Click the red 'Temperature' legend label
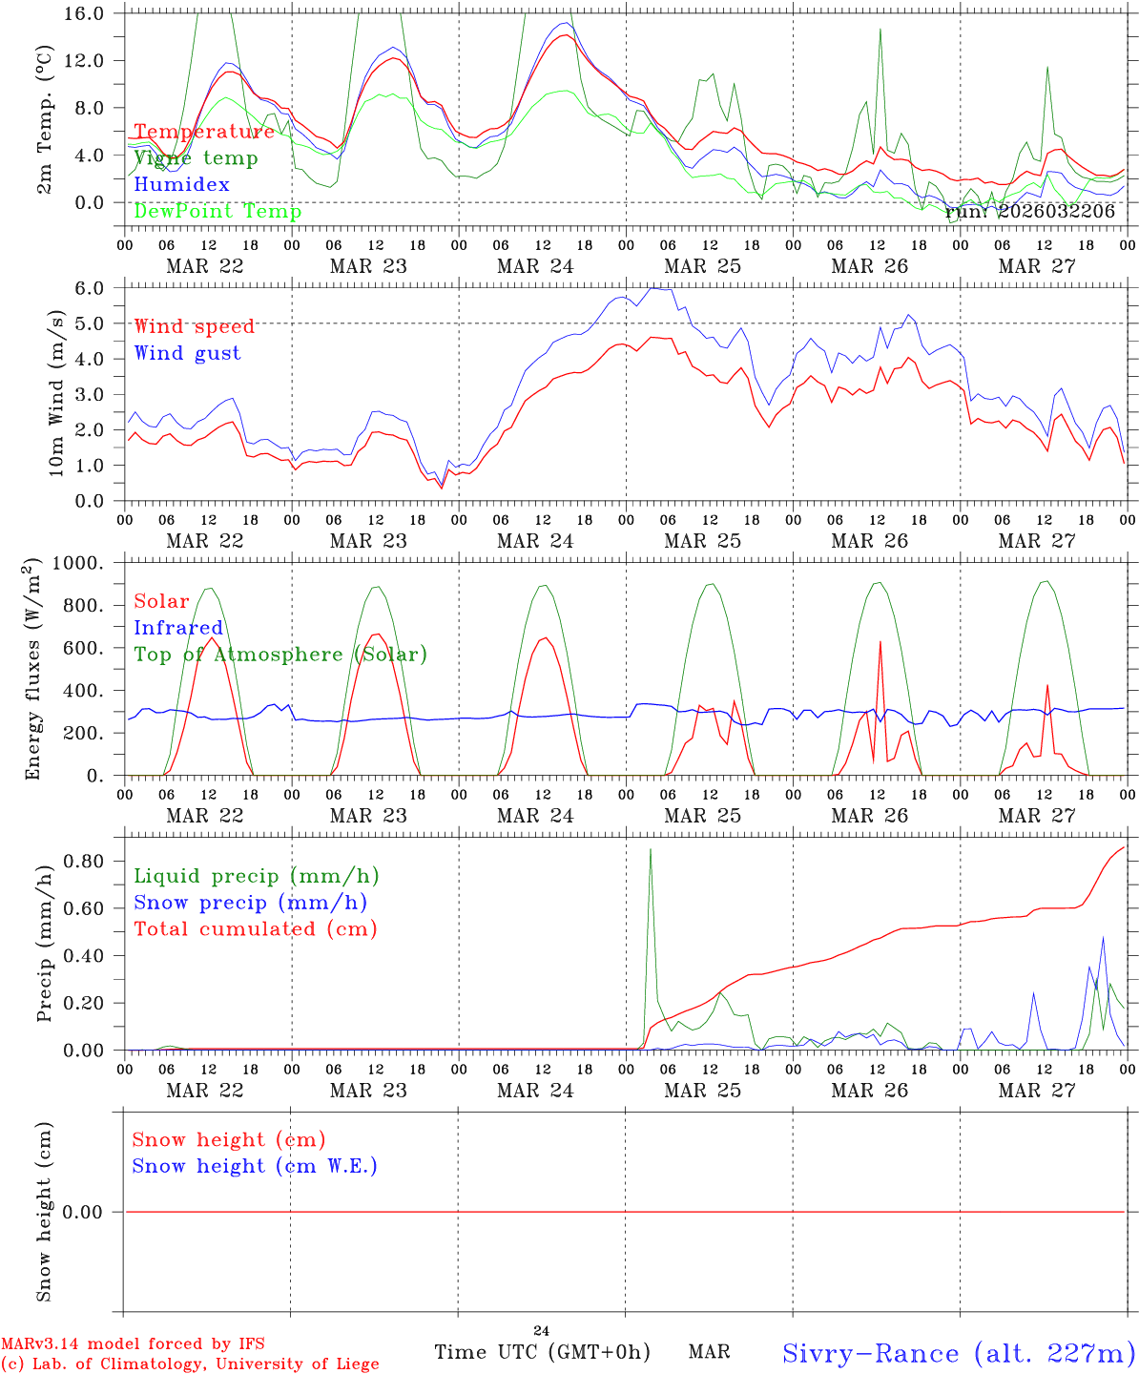tap(204, 132)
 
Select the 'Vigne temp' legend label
tap(196, 158)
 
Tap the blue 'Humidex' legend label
tap(182, 185)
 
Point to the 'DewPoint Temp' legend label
tap(217, 212)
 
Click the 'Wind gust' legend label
tap(188, 353)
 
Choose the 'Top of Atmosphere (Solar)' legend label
tap(280, 655)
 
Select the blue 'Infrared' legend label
tap(178, 628)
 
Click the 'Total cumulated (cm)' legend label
tap(256, 929)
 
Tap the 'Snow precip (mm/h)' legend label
tap(251, 903)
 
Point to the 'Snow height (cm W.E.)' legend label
tap(255, 1166)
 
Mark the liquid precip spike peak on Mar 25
tap(651, 849)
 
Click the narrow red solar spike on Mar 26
tap(880, 642)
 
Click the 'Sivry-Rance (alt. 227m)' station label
tap(959, 1353)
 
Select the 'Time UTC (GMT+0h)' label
tap(542, 1352)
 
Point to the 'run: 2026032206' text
tap(1030, 212)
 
